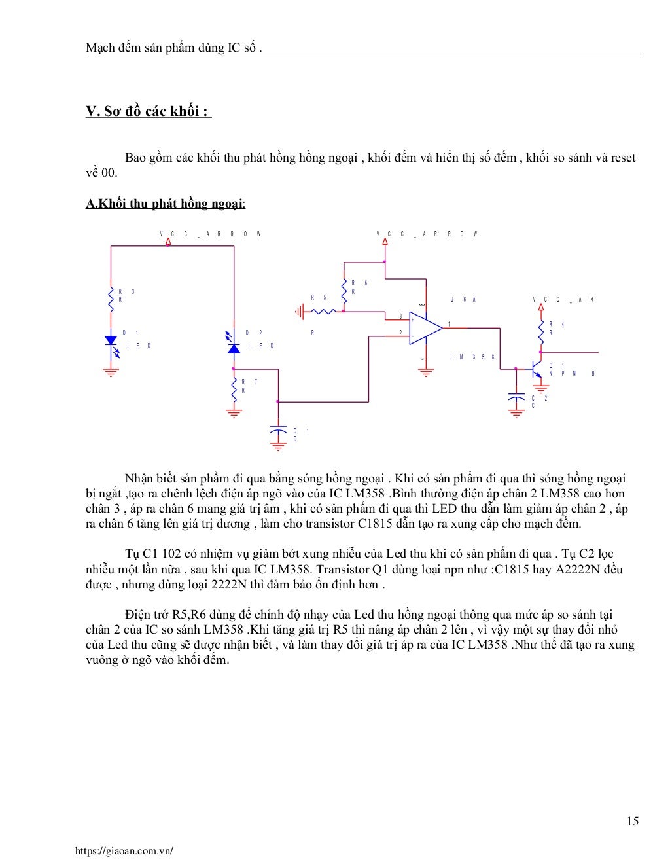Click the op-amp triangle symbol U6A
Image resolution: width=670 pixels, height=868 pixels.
coord(424,327)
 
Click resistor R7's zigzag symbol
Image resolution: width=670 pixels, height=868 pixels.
coord(234,389)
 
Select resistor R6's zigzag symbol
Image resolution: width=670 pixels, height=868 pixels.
coord(344,287)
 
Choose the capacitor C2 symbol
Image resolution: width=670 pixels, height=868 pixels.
coord(516,397)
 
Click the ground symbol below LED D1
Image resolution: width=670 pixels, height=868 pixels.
coord(111,372)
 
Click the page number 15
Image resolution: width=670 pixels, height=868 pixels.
coord(632,822)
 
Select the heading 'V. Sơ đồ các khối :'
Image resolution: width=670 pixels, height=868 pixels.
coord(148,111)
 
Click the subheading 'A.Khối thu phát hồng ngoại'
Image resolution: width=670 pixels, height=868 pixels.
coord(165,204)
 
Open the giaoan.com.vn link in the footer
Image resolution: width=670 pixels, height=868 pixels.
coord(124,851)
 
